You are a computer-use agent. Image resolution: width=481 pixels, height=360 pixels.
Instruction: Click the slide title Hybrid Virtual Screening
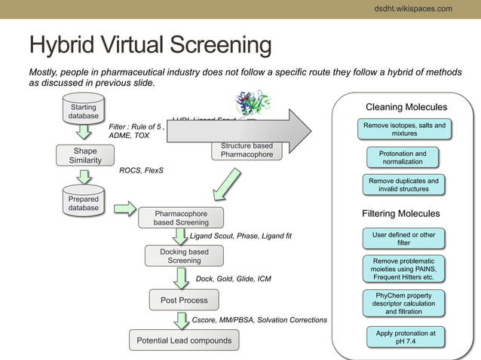(149, 45)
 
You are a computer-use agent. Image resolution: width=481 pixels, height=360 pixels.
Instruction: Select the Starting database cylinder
(83, 111)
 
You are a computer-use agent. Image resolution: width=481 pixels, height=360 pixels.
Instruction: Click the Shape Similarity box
(85, 155)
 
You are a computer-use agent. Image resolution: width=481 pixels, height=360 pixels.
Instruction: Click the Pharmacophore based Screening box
(181, 218)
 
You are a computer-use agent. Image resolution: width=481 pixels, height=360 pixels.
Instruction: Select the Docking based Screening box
(184, 256)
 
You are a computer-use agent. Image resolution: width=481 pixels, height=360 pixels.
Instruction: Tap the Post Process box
(184, 300)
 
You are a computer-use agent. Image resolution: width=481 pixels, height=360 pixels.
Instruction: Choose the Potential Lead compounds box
(184, 340)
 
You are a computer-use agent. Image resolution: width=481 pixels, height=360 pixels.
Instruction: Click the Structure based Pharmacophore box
(247, 151)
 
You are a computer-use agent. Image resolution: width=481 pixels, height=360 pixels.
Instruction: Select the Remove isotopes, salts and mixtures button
(404, 130)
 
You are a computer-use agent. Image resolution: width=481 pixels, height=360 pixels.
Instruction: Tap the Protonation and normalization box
(407, 157)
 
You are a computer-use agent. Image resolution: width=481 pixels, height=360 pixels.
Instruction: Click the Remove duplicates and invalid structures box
(403, 185)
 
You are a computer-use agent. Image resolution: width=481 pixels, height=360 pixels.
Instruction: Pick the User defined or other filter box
(403, 239)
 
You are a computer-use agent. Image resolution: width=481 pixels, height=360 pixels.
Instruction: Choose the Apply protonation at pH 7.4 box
(406, 337)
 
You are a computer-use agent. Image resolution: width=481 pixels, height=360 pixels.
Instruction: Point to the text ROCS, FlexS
(141, 170)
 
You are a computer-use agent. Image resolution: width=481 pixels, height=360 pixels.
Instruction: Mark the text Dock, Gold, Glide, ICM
(233, 279)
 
